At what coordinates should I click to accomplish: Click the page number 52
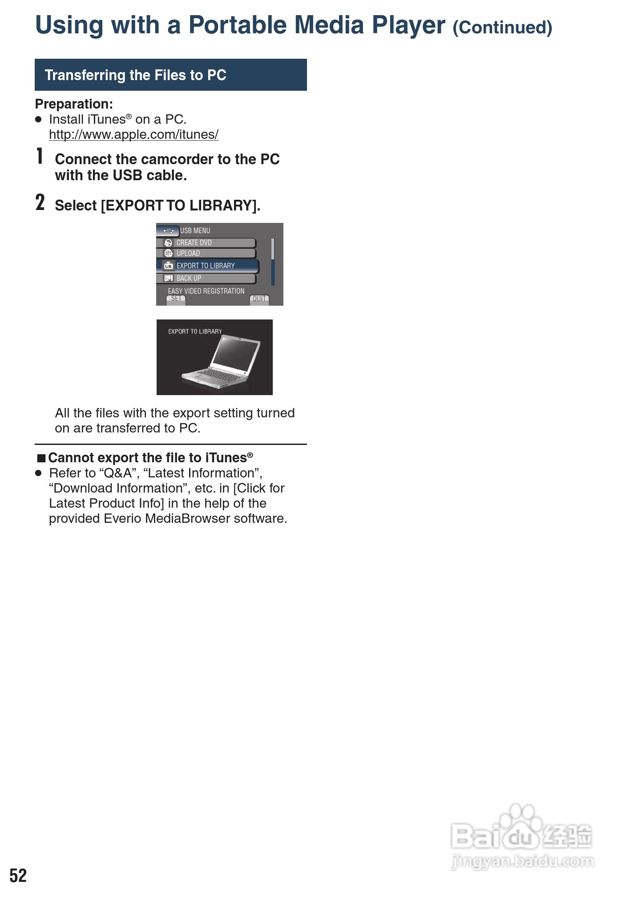pyautogui.click(x=18, y=875)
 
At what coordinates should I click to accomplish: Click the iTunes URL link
pyautogui.click(x=133, y=134)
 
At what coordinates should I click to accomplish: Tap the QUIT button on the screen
pyautogui.click(x=259, y=299)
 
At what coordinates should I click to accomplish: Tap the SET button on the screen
pyautogui.click(x=176, y=299)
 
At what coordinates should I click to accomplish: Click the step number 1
pyautogui.click(x=40, y=157)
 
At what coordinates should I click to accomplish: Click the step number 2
pyautogui.click(x=40, y=202)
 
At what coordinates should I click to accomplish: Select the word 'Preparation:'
pyautogui.click(x=74, y=104)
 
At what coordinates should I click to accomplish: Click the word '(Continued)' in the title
pyautogui.click(x=502, y=28)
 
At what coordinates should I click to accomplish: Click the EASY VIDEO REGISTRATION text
pyautogui.click(x=206, y=291)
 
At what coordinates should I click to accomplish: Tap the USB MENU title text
pyautogui.click(x=195, y=230)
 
